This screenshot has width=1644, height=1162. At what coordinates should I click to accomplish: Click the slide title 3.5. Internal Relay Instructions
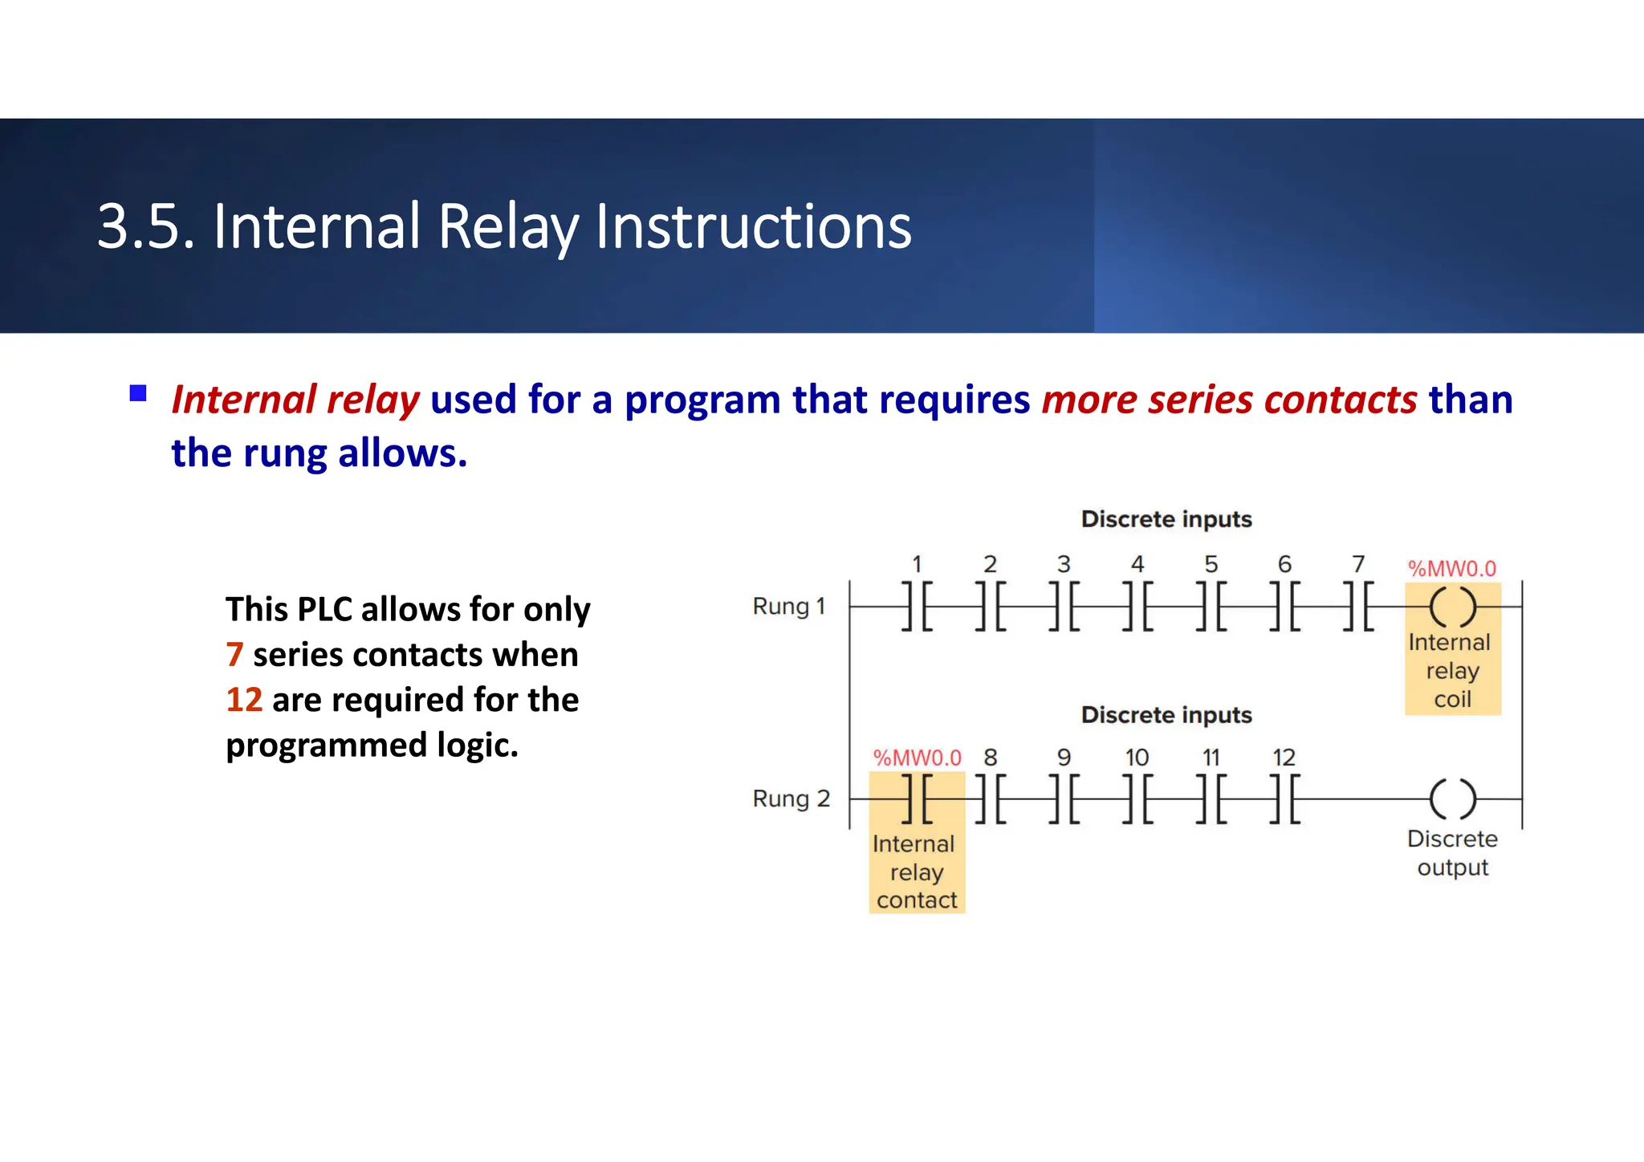point(504,227)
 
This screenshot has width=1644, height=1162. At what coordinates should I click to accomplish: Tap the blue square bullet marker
point(138,393)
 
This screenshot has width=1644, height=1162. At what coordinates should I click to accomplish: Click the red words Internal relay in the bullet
point(295,400)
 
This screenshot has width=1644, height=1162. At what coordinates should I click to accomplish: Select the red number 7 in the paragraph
point(234,655)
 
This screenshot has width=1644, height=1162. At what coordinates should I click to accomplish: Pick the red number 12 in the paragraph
point(244,700)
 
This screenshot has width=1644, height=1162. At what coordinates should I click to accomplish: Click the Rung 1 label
point(788,607)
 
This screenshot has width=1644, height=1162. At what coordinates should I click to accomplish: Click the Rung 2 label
point(791,799)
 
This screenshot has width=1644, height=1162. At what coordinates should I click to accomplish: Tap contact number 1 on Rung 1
point(917,607)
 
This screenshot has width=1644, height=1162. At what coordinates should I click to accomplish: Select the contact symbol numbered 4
point(1137,607)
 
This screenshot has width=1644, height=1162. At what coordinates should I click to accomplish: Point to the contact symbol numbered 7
point(1358,607)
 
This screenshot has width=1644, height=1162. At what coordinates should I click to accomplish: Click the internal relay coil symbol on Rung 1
point(1452,607)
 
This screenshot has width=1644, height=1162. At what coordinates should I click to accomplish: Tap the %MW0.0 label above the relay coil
point(1451,569)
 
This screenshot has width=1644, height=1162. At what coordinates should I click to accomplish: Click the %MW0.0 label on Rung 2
point(917,758)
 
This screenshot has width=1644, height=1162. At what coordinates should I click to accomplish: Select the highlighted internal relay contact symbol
point(917,799)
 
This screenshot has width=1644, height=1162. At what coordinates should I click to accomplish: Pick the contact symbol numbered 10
point(1137,799)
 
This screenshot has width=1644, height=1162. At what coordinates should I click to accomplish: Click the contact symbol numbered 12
point(1284,799)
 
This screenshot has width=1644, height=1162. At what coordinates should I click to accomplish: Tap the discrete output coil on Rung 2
point(1452,799)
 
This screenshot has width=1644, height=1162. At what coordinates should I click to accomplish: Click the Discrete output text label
point(1452,853)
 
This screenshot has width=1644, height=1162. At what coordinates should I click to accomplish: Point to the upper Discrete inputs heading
point(1166,519)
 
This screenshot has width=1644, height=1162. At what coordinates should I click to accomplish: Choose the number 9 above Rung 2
point(1064,758)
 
